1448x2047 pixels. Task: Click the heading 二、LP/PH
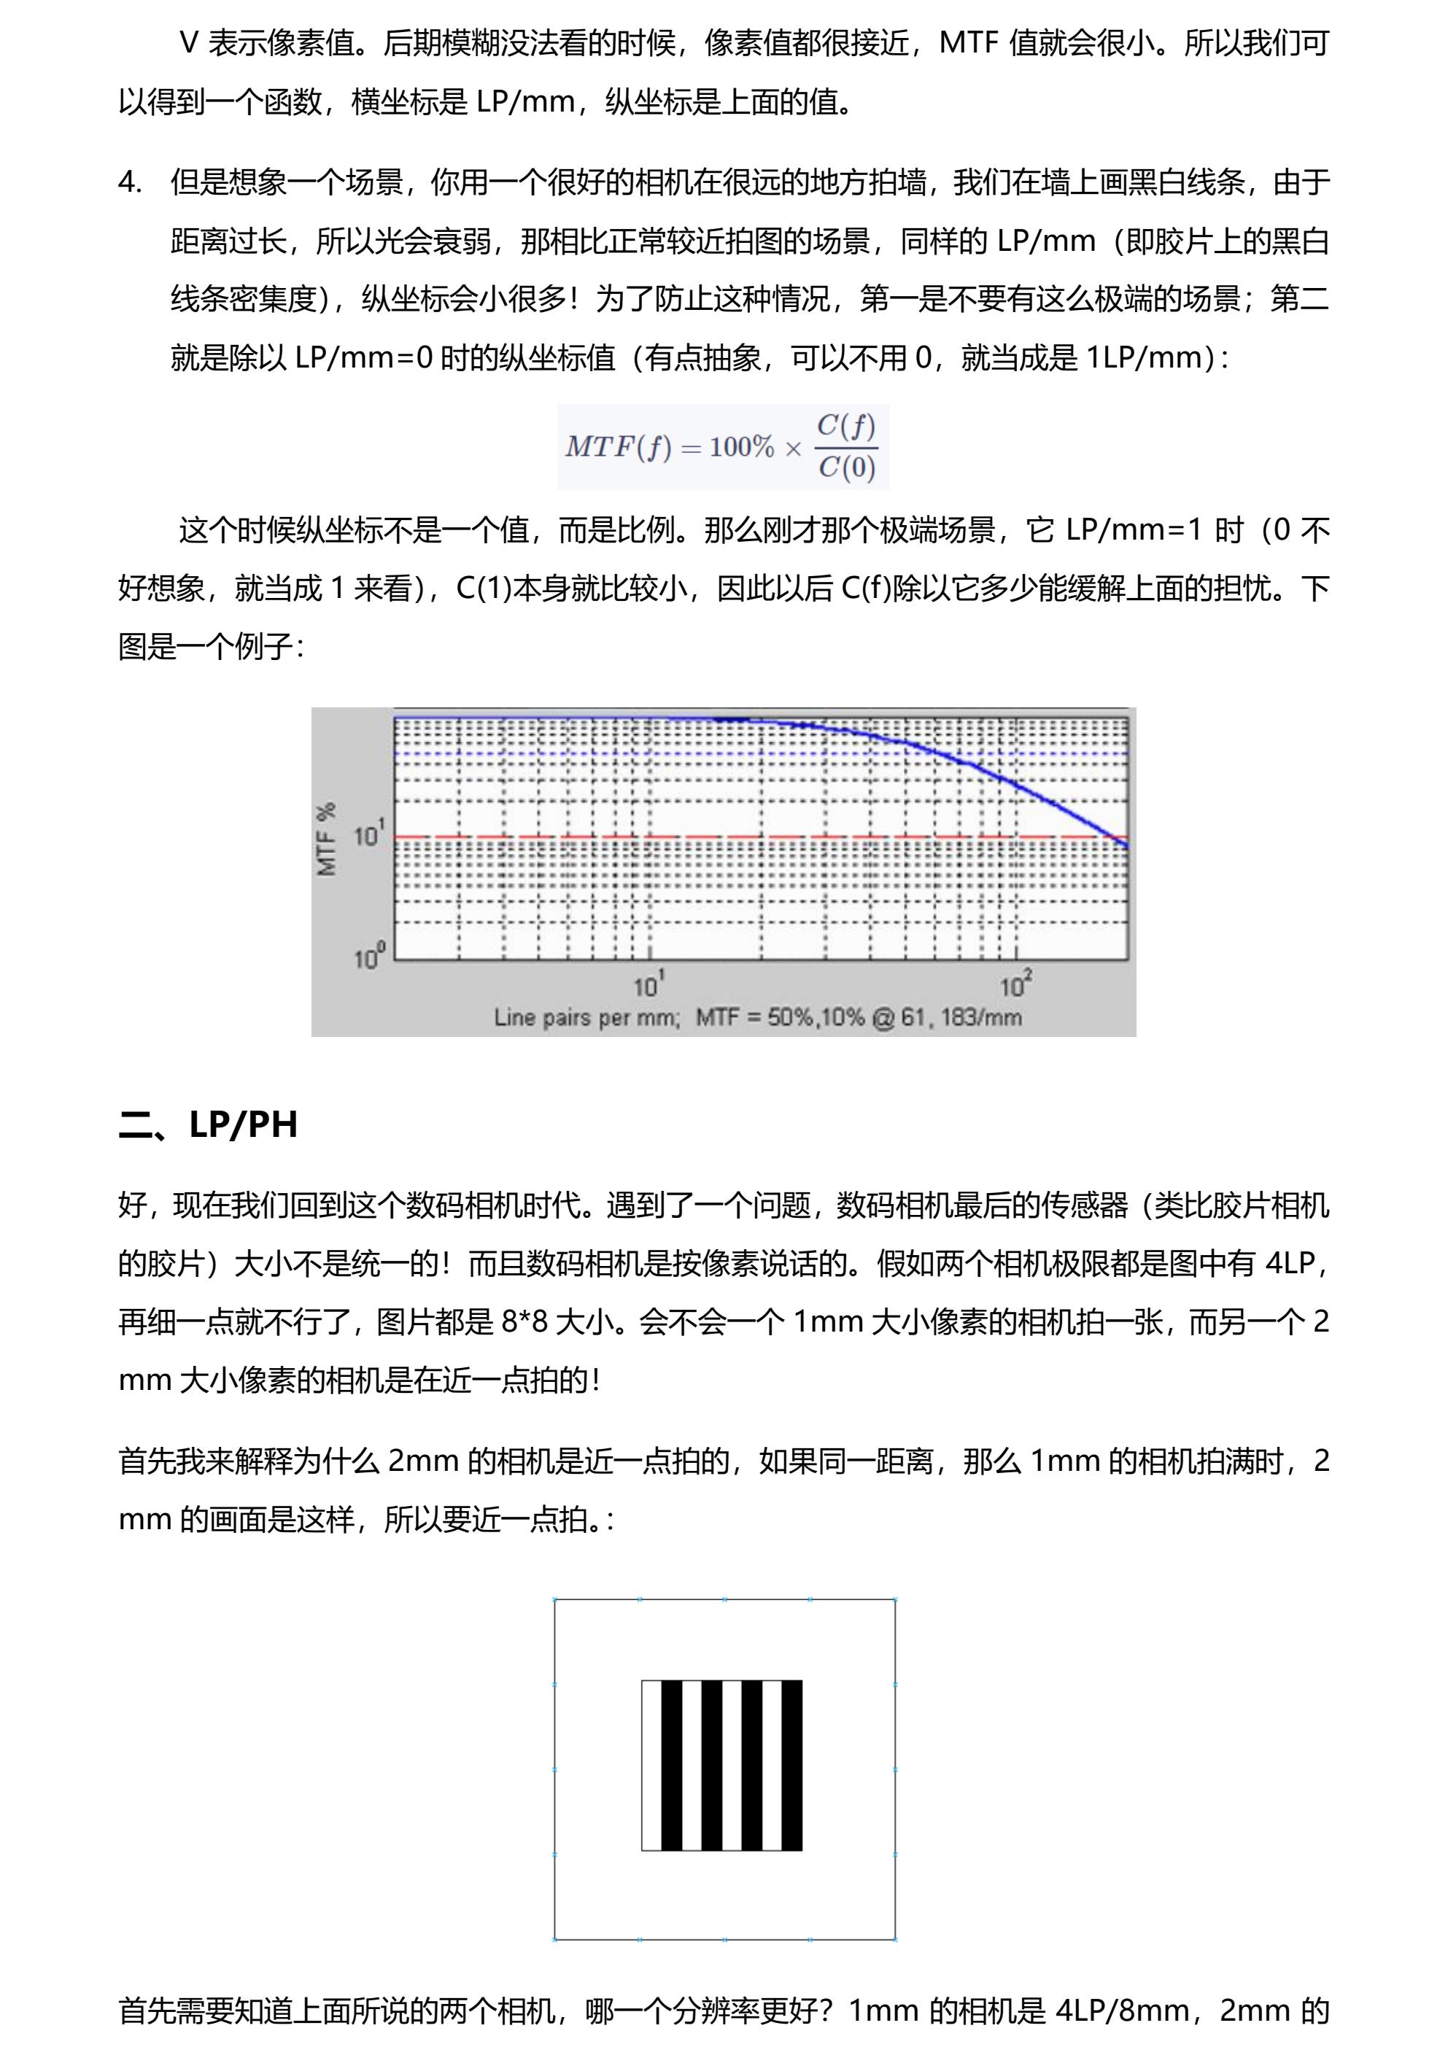[208, 1125]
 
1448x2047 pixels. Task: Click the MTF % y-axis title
[328, 839]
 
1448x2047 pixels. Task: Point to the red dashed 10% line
[624, 837]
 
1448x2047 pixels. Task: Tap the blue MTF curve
[981, 766]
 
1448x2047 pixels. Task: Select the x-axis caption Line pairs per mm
[586, 1017]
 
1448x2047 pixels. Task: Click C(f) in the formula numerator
[846, 426]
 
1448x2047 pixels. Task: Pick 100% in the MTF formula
[741, 447]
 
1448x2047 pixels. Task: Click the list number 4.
[129, 183]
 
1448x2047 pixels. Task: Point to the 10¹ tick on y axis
[369, 836]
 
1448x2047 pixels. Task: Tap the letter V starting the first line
[188, 44]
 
